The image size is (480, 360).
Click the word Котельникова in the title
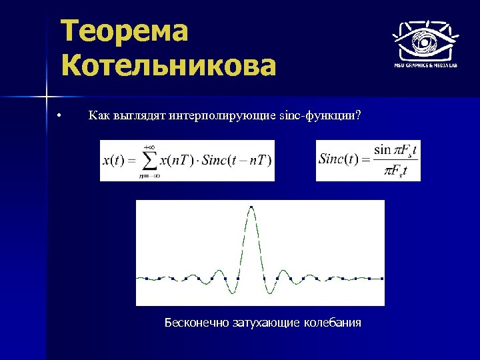tap(167, 66)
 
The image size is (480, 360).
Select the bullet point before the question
tap(59, 117)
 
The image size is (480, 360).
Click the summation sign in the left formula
tap(149, 161)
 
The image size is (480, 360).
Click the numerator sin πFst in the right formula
tap(395, 150)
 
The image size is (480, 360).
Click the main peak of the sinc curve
tap(251, 208)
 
